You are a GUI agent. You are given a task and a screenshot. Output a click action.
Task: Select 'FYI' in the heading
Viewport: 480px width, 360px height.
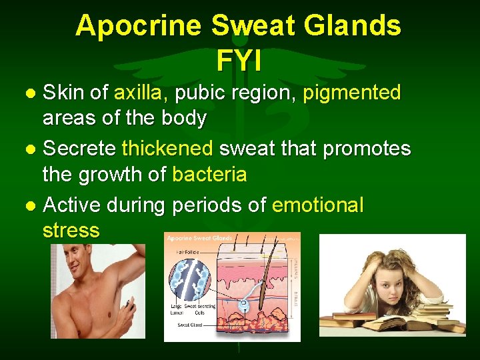239,61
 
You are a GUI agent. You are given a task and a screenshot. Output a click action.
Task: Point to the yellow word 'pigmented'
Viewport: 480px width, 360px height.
351,93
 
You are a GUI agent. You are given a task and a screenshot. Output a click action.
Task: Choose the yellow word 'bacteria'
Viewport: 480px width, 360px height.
209,175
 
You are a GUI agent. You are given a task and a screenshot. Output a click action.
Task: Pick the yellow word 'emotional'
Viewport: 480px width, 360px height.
318,205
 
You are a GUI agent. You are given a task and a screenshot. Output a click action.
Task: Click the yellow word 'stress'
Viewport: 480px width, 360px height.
71,231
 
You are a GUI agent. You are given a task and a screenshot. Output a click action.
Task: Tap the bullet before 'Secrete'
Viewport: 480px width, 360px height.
31,149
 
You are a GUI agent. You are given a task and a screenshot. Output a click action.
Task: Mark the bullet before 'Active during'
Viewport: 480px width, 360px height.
31,205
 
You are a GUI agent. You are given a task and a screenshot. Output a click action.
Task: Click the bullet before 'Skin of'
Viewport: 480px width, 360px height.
31,94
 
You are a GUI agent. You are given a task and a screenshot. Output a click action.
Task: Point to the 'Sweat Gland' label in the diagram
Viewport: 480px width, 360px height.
190,325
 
